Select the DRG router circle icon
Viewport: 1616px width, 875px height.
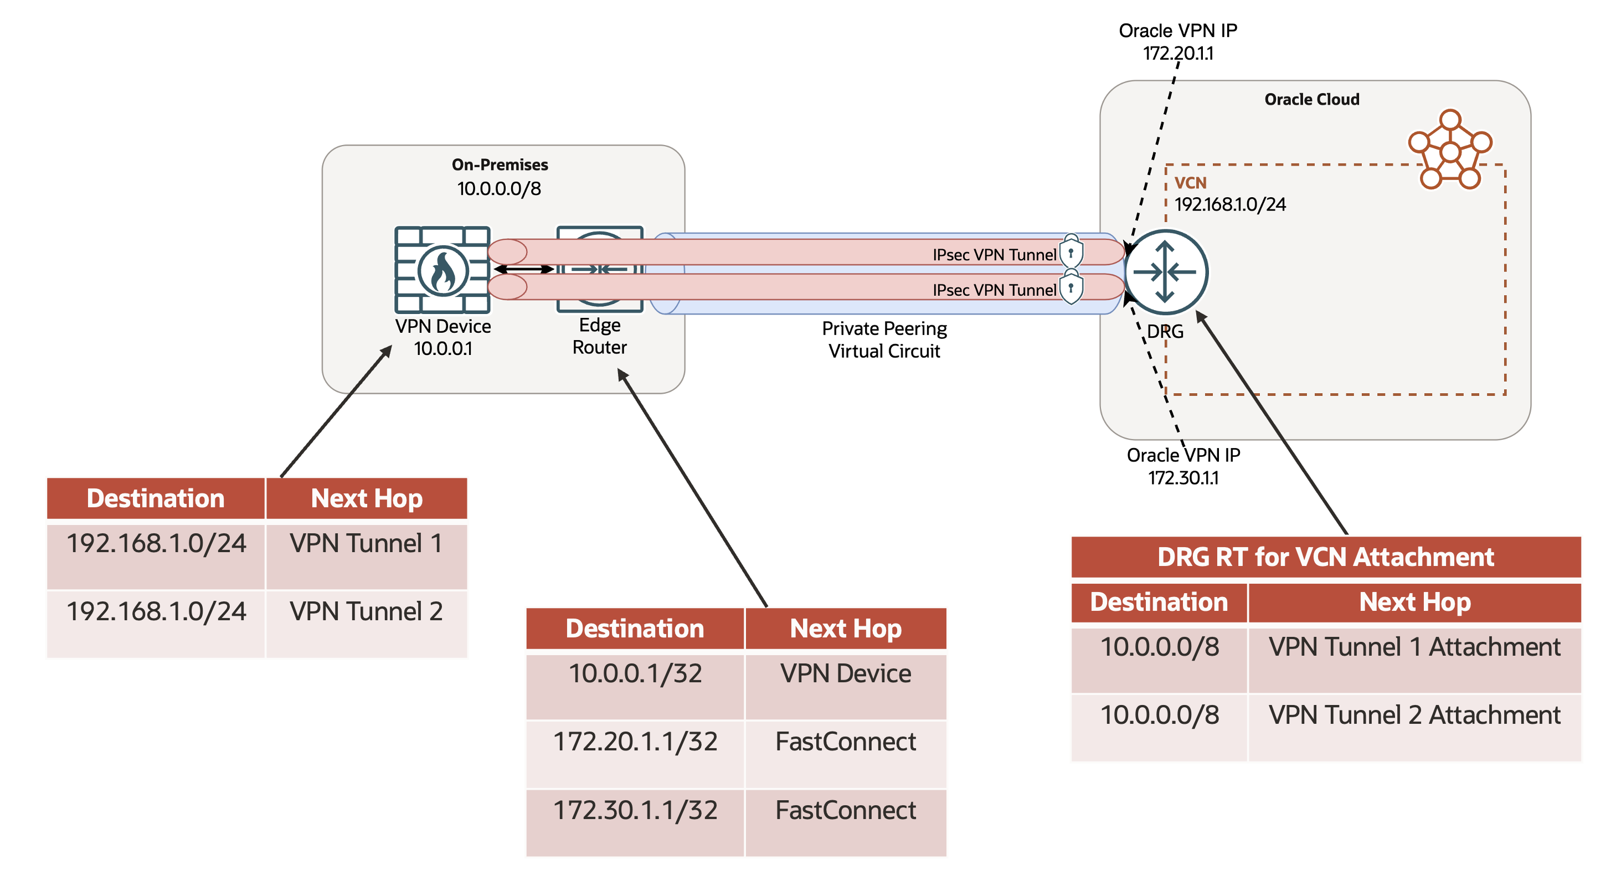(x=1166, y=271)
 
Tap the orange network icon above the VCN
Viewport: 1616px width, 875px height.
(x=1450, y=151)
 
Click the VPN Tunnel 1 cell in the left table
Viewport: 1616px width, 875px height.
(x=367, y=544)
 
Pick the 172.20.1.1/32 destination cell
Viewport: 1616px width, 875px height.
(x=635, y=743)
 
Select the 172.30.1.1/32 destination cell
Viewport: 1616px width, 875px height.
(x=635, y=811)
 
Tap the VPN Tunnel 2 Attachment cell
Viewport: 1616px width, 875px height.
(x=1414, y=716)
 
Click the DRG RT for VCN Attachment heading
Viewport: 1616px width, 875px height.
(x=1326, y=557)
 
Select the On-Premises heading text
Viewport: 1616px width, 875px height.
(x=500, y=164)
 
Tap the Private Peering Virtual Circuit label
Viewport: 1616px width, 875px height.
(x=884, y=339)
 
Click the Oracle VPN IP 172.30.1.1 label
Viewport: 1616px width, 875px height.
(x=1183, y=466)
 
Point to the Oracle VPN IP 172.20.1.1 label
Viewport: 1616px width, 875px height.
(x=1177, y=42)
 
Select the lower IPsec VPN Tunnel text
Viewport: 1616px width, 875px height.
(x=994, y=290)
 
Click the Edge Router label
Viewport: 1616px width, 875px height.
(x=599, y=336)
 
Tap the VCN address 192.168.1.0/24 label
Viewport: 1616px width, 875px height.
(x=1229, y=204)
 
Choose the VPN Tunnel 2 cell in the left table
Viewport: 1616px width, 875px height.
(x=367, y=611)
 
